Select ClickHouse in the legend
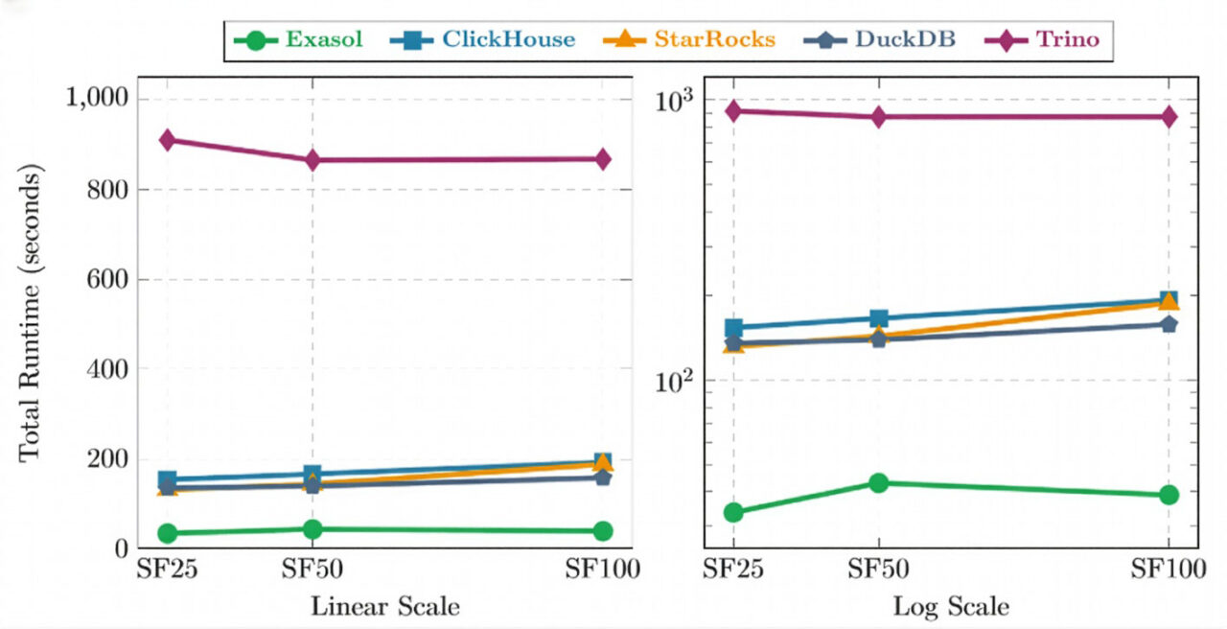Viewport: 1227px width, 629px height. [x=484, y=40]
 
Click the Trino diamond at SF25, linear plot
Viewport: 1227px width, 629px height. [x=167, y=140]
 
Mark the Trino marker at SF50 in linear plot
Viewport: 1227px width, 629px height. [x=313, y=160]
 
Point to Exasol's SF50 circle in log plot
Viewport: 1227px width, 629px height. [x=879, y=482]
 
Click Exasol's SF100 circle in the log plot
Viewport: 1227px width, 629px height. [x=1169, y=495]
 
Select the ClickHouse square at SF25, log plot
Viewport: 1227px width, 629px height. [x=734, y=328]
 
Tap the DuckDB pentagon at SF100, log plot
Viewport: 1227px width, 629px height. [x=1169, y=324]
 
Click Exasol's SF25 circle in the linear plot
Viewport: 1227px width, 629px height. [x=167, y=533]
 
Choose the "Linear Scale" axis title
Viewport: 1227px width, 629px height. [x=384, y=607]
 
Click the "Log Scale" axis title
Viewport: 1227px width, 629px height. [x=951, y=607]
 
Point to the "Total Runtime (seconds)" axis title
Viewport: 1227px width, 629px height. [x=31, y=314]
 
